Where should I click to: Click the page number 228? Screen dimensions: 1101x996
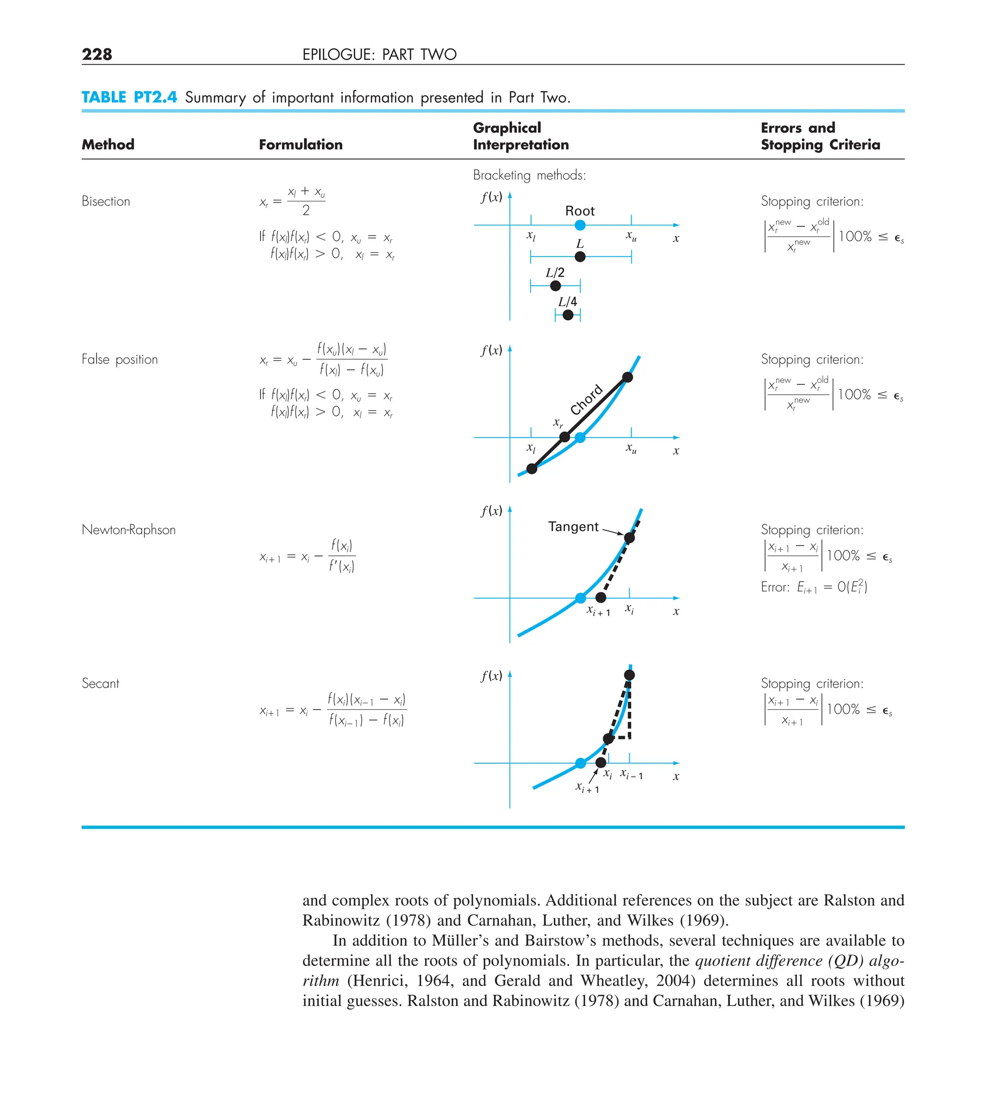tap(97, 54)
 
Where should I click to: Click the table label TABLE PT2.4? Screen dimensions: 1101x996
tap(129, 97)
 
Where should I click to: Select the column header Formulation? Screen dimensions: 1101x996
tap(300, 144)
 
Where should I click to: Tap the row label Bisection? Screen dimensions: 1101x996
tap(106, 201)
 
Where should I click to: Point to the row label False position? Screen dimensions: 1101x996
tap(120, 359)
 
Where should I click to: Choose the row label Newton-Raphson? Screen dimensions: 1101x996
tap(128, 529)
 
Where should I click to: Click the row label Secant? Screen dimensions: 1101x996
tap(100, 683)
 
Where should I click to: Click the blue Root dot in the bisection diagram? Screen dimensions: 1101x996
tap(580, 225)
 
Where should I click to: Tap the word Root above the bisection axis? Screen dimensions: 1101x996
tap(580, 211)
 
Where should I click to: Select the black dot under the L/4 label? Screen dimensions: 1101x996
tap(568, 314)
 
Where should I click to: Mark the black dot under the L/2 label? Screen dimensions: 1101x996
tap(555, 286)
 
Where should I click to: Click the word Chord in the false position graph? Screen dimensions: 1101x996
tap(586, 399)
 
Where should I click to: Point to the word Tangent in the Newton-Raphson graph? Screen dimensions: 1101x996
tap(573, 527)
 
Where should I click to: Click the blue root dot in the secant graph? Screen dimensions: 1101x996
tap(580, 763)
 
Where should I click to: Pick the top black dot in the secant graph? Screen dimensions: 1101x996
tap(629, 675)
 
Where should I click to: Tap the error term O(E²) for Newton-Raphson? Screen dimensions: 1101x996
tap(852, 587)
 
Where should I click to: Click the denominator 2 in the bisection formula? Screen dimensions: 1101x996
tap(305, 210)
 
